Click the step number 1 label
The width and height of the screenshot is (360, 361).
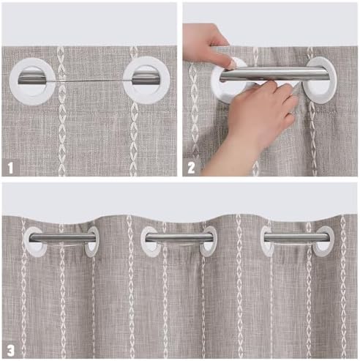click(x=10, y=168)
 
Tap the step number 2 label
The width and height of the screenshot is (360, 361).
click(x=191, y=168)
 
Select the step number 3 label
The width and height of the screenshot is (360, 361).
click(x=10, y=351)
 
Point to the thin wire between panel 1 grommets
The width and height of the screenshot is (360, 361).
click(x=89, y=81)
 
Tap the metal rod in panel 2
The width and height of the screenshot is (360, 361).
click(x=274, y=74)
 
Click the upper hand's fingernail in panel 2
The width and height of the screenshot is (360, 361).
click(x=232, y=63)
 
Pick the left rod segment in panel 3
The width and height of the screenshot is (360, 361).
click(x=62, y=237)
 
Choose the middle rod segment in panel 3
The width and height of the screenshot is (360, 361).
click(x=179, y=237)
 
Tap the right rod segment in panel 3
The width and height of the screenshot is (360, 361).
click(x=297, y=237)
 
